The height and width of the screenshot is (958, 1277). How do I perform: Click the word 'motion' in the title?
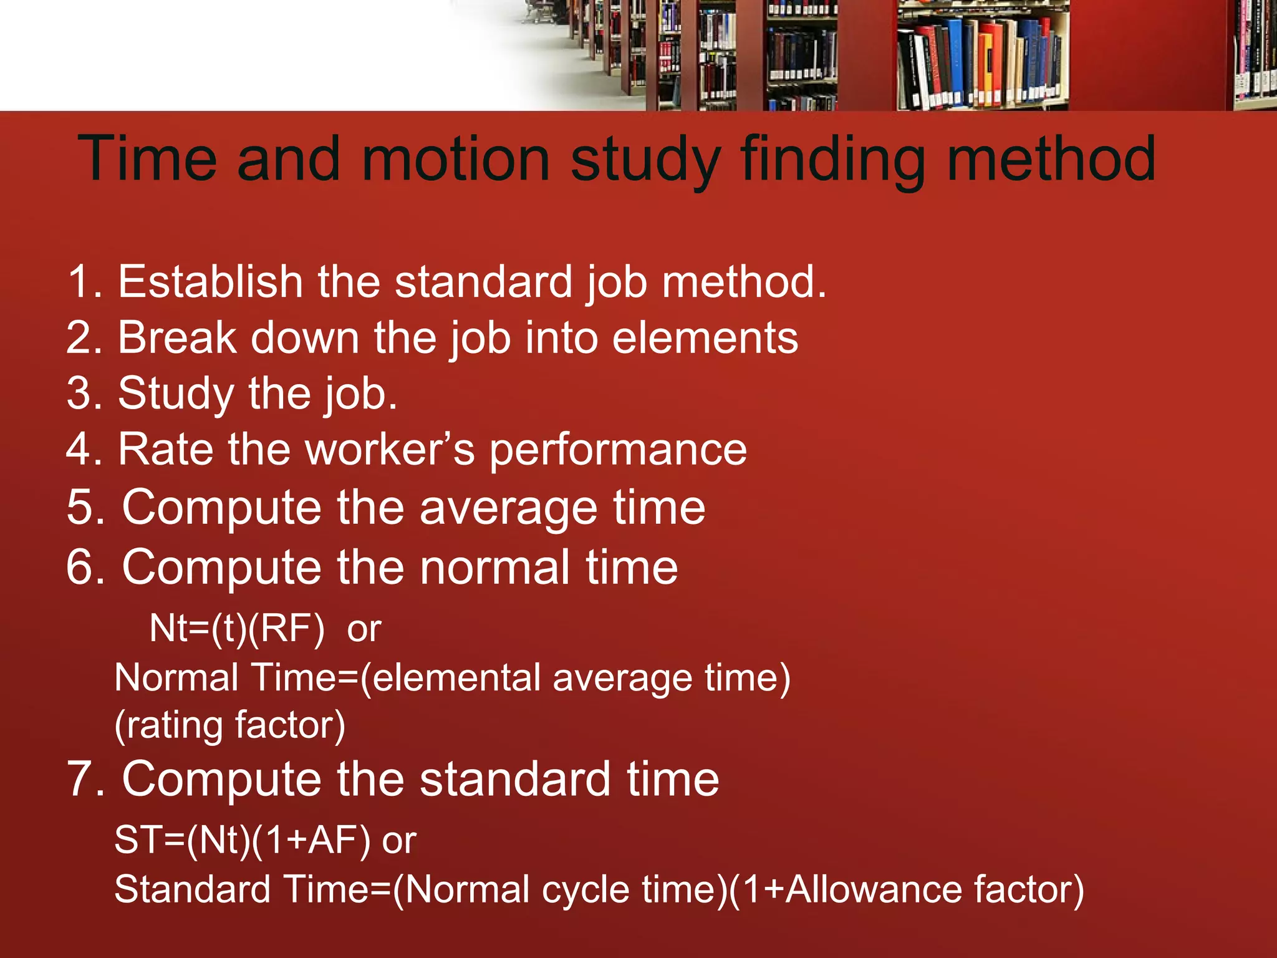455,160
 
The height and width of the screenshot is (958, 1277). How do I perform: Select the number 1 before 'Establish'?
79,282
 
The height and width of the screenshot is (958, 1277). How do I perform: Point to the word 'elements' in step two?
705,338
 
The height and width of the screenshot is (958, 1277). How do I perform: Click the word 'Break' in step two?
178,338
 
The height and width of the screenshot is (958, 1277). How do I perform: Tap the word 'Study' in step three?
176,394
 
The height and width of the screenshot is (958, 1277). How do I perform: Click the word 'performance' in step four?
617,451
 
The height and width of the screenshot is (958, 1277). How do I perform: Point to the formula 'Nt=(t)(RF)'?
237,629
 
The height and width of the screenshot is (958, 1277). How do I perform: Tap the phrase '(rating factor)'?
229,725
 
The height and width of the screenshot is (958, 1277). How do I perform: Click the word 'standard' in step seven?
515,780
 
